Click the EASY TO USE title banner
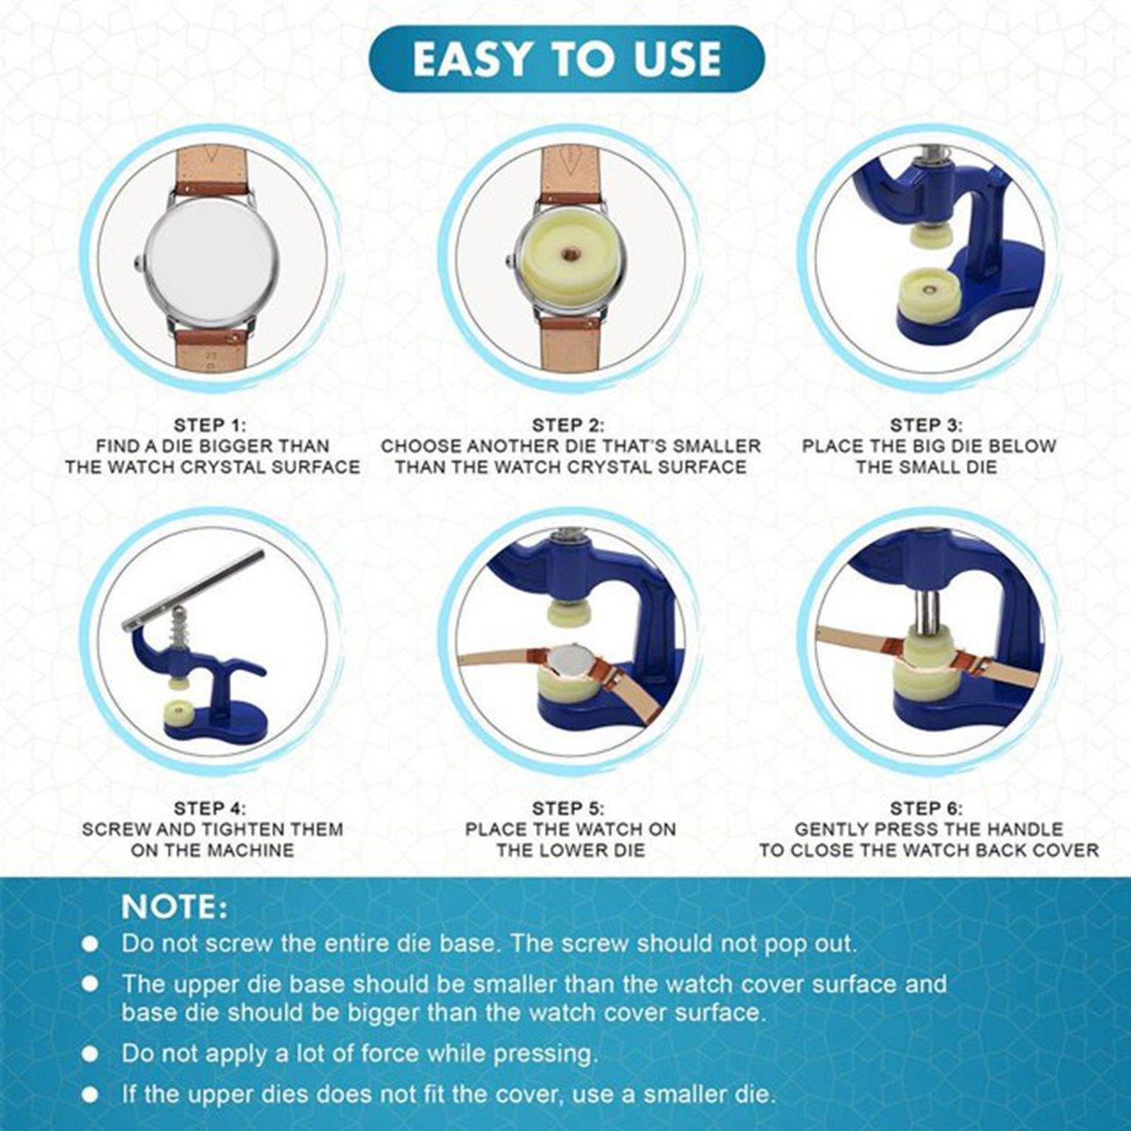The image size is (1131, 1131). [566, 58]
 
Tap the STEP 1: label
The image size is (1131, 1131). [210, 425]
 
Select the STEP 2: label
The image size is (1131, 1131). [568, 425]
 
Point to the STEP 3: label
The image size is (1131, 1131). [926, 425]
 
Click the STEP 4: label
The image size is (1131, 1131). [210, 808]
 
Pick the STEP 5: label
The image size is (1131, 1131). [568, 808]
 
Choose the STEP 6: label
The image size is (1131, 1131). [926, 808]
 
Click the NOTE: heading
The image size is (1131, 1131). [173, 908]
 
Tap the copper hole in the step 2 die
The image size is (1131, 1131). [569, 254]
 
